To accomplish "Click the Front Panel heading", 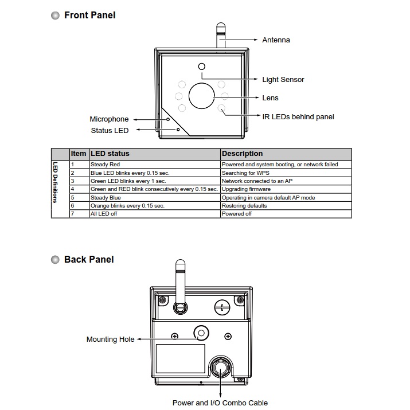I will (x=89, y=15).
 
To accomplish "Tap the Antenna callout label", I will (x=276, y=40).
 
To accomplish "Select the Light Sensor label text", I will (x=283, y=80).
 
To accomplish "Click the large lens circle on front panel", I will (x=201, y=95).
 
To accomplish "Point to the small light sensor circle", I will (x=201, y=67).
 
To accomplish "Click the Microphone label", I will (x=109, y=119).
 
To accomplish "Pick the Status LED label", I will (x=110, y=131).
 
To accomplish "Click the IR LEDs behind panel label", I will (x=298, y=117).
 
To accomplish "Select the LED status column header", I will (x=110, y=154).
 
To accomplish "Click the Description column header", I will (x=242, y=154).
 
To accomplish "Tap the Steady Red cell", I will (x=106, y=165).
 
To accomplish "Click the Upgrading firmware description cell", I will (x=246, y=189).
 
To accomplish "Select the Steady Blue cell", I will (x=106, y=197).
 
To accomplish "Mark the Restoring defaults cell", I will (x=244, y=205).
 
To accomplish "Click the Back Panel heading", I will (x=89, y=260).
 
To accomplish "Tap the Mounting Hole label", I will (x=110, y=339).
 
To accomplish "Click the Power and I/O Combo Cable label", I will (x=220, y=403).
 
